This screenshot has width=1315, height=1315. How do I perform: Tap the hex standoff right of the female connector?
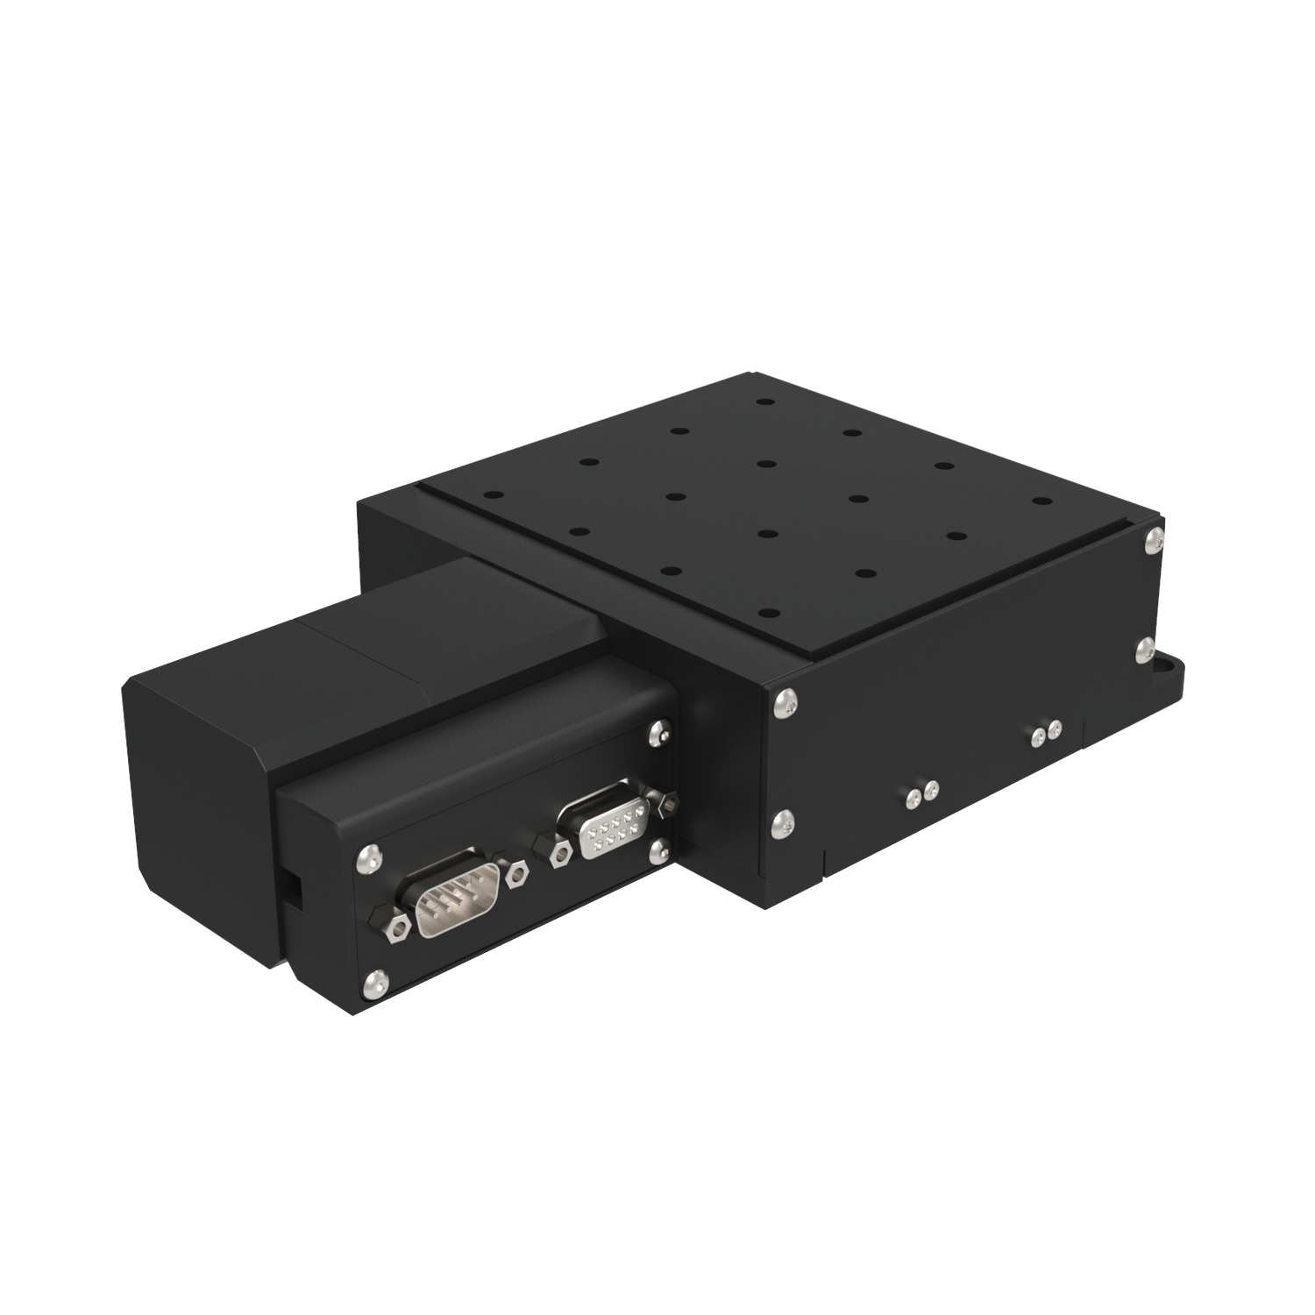[x=671, y=800]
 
